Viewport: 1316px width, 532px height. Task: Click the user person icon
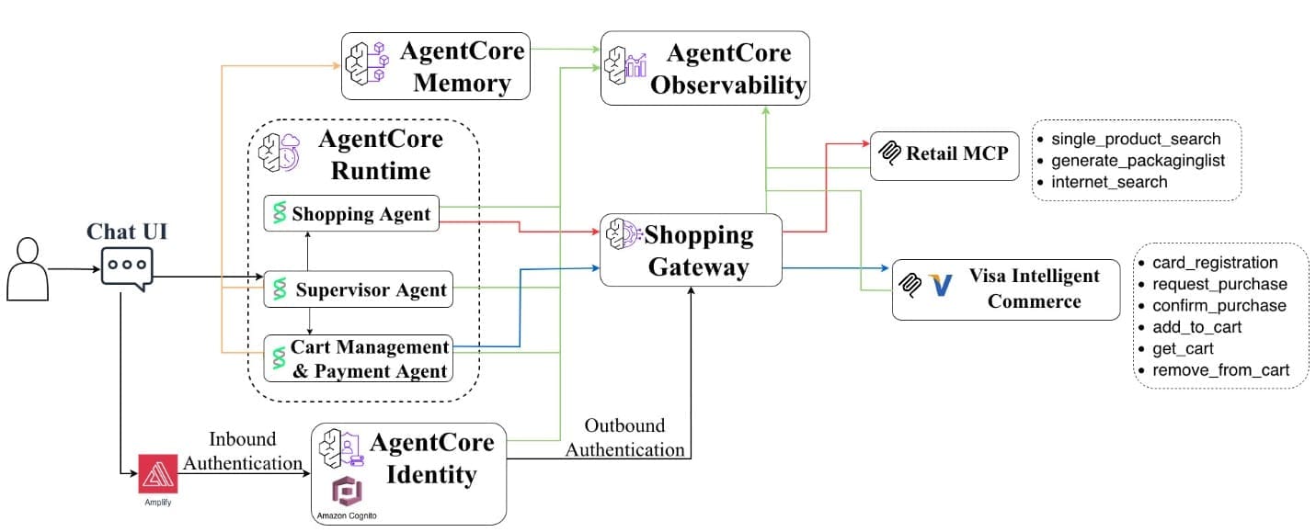(x=28, y=268)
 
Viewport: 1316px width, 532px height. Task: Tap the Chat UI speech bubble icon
(x=127, y=267)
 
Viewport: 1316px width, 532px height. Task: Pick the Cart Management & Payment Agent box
(x=359, y=359)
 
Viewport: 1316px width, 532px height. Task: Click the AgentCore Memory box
(x=437, y=66)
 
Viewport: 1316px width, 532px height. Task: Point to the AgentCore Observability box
(x=705, y=70)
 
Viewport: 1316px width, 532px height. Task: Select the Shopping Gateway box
(x=691, y=250)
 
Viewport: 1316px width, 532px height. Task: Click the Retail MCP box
(x=945, y=153)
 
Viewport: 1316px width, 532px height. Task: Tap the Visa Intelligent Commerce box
(x=1006, y=289)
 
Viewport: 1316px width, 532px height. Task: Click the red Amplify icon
(x=157, y=473)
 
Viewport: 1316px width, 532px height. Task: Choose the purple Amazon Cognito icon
(x=347, y=489)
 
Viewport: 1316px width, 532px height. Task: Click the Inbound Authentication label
(x=243, y=451)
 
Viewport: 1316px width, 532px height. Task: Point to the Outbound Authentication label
(x=625, y=438)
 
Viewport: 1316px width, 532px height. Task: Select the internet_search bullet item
(x=1108, y=182)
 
